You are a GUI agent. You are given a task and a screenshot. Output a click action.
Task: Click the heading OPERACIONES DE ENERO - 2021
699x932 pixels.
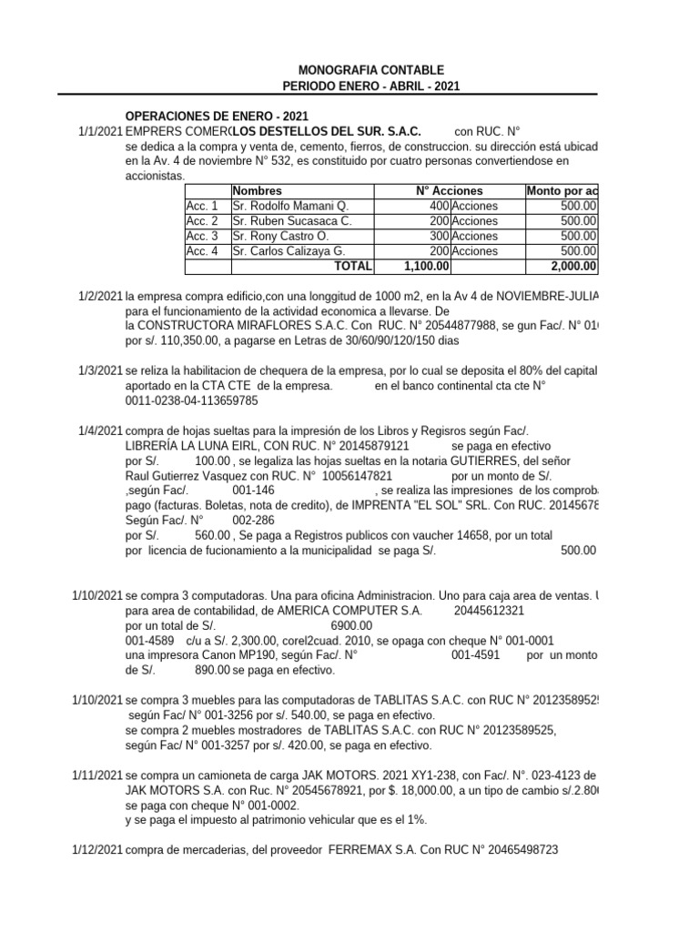pos(217,116)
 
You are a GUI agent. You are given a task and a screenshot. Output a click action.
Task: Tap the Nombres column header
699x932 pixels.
pos(258,191)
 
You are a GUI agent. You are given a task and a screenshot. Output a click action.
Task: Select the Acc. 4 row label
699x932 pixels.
pos(202,251)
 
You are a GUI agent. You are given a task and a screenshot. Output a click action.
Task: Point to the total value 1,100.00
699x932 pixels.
pos(426,266)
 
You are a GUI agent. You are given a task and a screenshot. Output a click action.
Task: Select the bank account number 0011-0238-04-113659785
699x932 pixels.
pos(192,400)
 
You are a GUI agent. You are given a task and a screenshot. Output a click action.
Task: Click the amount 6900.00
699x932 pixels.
pos(351,626)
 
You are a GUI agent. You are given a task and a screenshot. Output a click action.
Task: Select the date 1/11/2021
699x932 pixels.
pos(97,775)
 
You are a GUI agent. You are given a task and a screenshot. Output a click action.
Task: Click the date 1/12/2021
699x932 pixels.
pos(97,849)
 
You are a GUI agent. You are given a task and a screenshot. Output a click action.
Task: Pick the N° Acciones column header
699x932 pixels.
pos(450,191)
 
